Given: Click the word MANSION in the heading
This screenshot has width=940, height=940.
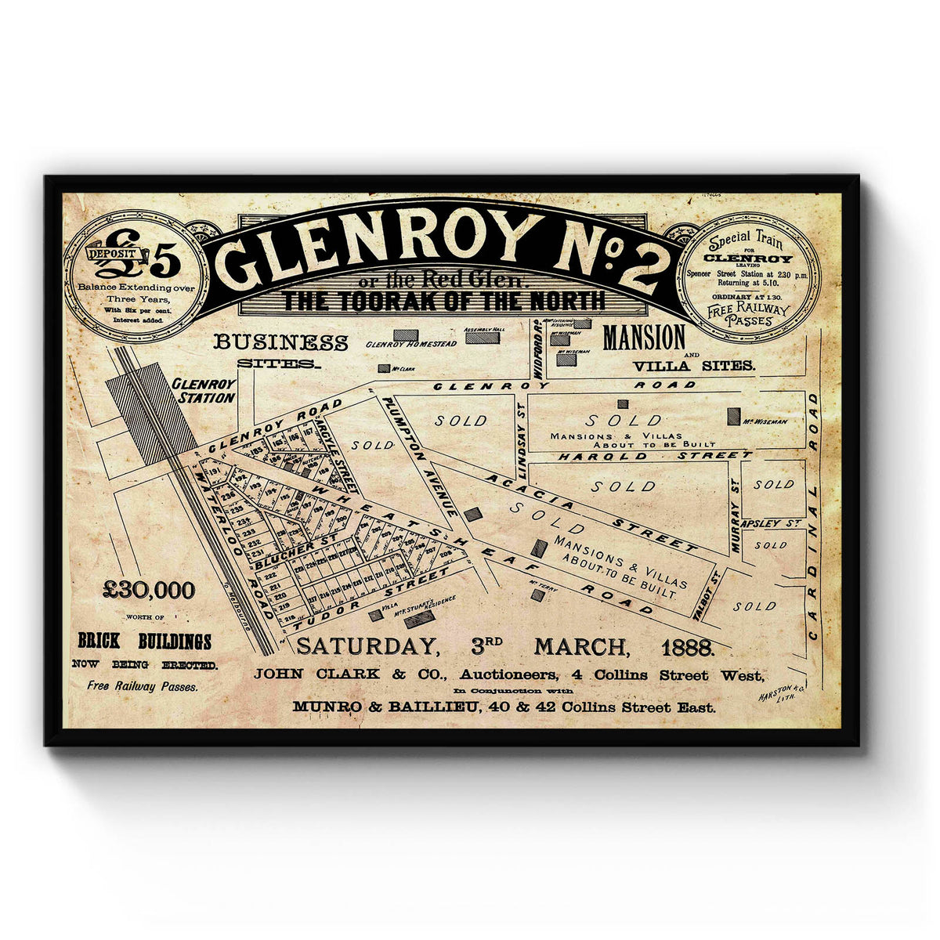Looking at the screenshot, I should click(644, 338).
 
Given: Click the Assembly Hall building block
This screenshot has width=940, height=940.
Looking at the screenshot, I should click(482, 339).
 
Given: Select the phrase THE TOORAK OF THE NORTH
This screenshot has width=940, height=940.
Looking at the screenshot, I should click(444, 300).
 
